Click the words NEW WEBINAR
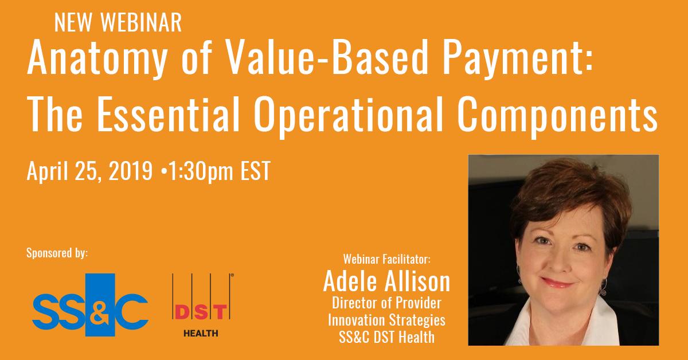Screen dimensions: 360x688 coord(118,22)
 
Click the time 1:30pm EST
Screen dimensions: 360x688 coord(220,171)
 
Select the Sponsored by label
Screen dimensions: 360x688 coord(57,252)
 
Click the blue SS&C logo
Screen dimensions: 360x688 coord(90,306)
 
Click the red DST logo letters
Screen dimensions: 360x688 coord(201,311)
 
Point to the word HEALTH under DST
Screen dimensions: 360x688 coord(200,333)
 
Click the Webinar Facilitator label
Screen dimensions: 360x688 coord(386,259)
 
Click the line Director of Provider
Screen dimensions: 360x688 coord(386,303)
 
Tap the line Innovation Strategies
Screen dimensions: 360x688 coord(386,319)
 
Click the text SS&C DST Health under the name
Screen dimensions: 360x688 coord(386,335)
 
